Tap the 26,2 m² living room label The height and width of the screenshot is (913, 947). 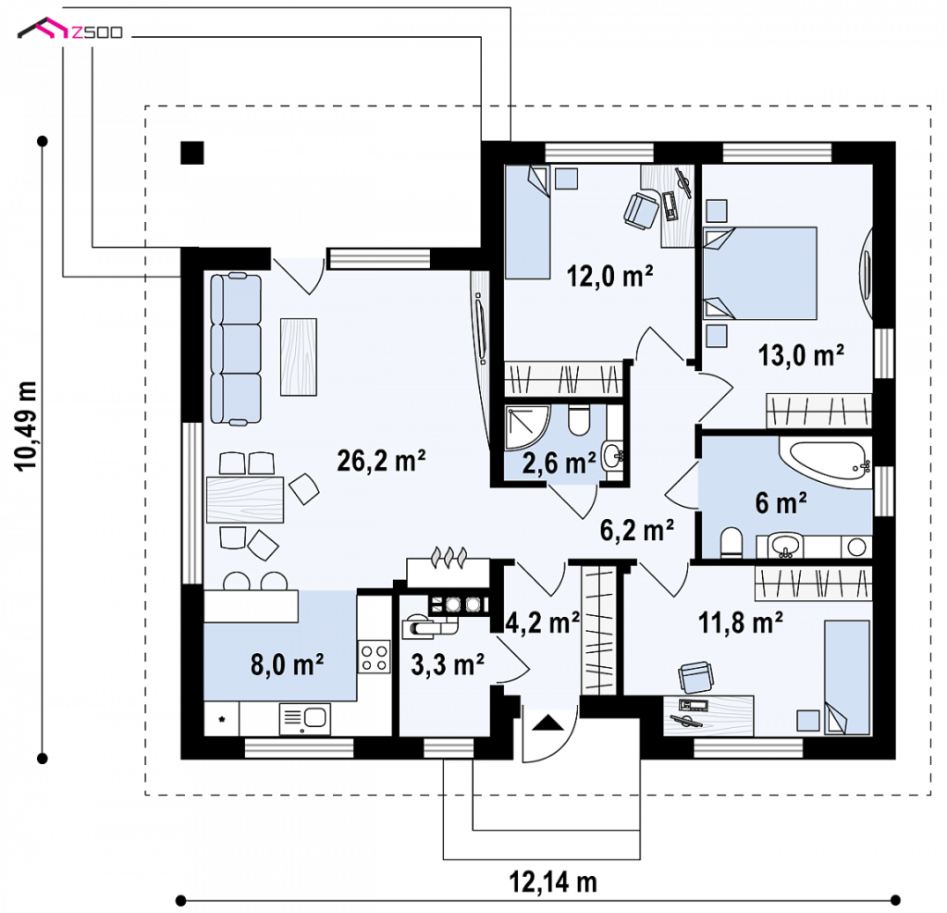click(381, 461)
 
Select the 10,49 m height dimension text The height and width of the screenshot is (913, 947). click(26, 426)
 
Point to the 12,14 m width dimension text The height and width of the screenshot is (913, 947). click(553, 882)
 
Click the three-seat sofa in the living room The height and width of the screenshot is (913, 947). click(236, 349)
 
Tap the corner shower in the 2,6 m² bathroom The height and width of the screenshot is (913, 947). click(527, 427)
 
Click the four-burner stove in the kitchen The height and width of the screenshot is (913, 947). click(374, 658)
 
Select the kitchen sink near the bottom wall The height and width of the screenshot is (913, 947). click(305, 719)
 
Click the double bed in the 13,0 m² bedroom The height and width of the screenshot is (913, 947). click(760, 273)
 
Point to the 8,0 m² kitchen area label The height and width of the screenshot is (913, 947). click(287, 664)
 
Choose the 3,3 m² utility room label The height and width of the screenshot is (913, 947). click(448, 664)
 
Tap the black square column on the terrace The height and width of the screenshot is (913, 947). click(192, 153)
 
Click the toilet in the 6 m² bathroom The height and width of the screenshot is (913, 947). click(731, 543)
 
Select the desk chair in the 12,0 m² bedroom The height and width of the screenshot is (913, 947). click(641, 210)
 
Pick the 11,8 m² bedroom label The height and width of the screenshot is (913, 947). click(741, 623)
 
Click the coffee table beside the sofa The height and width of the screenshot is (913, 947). click(299, 357)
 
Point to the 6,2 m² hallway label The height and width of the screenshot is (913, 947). click(637, 530)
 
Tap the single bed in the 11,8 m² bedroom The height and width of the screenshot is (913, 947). click(847, 677)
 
